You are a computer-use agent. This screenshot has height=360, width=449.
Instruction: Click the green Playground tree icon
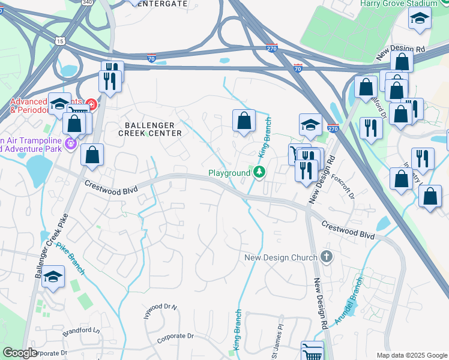(259, 173)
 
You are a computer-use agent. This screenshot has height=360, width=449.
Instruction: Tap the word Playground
(229, 173)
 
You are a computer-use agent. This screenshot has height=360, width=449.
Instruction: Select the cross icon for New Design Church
(326, 257)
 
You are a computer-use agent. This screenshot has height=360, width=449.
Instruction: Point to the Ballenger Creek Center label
(149, 129)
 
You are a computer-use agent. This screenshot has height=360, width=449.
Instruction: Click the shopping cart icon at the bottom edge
(312, 351)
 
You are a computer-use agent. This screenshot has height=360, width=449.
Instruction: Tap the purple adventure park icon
(70, 143)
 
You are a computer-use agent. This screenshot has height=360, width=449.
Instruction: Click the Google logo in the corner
(20, 353)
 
